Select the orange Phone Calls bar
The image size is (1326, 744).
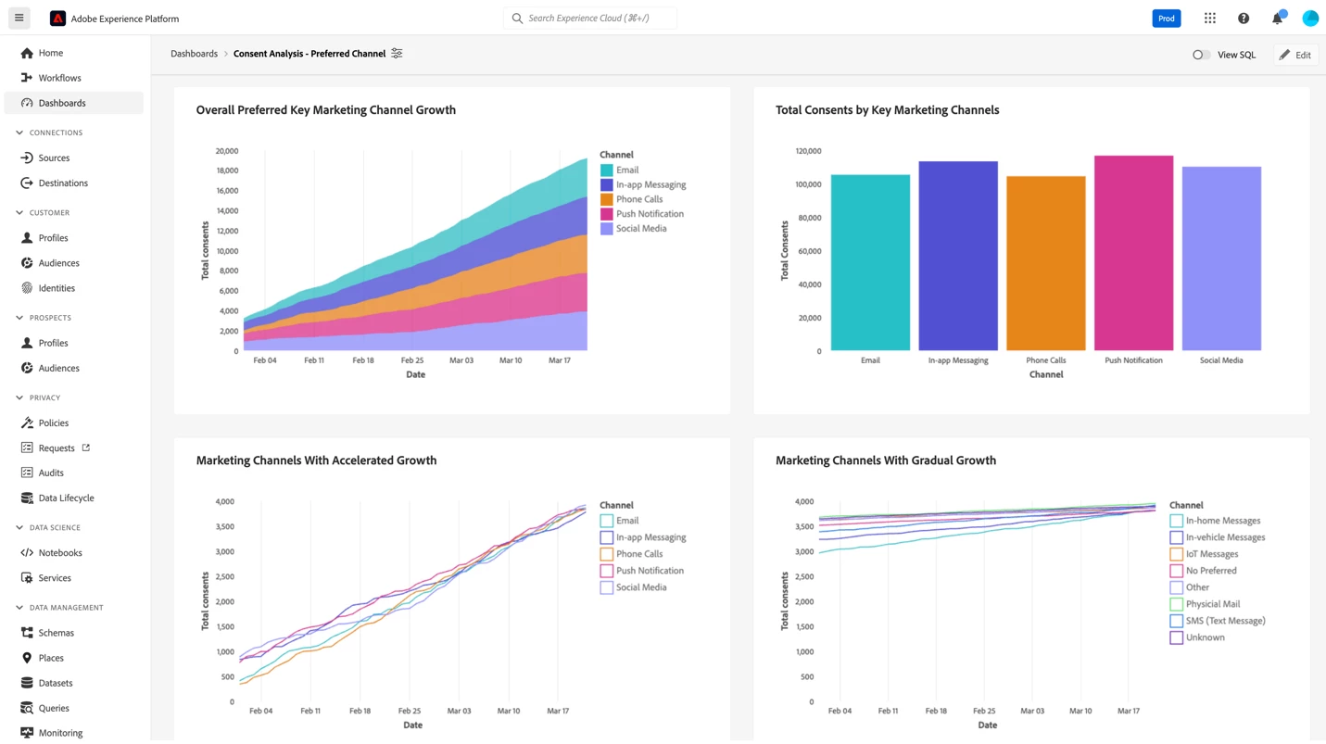(1045, 263)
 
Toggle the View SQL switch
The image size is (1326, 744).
(1201, 55)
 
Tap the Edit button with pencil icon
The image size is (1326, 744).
(1295, 55)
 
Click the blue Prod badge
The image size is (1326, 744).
(1166, 19)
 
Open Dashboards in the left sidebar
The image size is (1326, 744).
(62, 103)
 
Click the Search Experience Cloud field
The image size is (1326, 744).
(593, 19)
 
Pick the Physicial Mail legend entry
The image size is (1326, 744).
(1212, 604)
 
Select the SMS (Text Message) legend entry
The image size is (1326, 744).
(1225, 621)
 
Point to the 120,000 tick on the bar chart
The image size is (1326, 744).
(808, 151)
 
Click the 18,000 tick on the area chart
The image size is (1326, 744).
(227, 170)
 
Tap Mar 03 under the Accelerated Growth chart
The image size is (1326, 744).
(459, 711)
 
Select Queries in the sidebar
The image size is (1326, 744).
(54, 708)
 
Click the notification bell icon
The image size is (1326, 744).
(1277, 19)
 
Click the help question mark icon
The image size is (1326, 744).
(1244, 19)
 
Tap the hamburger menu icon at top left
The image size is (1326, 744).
(19, 19)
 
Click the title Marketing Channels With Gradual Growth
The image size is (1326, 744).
(885, 460)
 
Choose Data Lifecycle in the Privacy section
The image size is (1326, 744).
(66, 498)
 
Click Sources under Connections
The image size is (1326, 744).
(54, 158)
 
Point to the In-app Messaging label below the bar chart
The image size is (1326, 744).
(957, 360)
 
